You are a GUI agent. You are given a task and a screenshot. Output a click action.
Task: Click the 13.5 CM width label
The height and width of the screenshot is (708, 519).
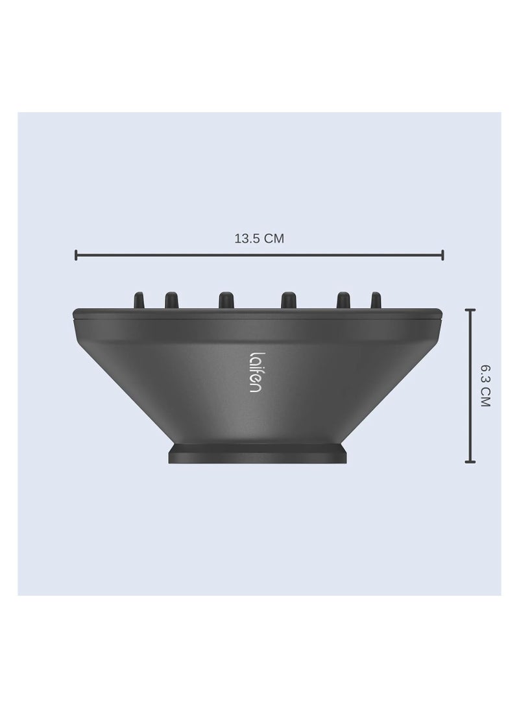(x=259, y=238)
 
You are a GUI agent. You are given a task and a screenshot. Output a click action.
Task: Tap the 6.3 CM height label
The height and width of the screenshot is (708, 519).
(x=485, y=386)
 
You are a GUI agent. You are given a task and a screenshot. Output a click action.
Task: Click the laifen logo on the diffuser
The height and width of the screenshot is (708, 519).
(x=255, y=372)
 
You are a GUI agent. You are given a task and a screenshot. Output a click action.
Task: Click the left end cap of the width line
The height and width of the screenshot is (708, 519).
(x=76, y=255)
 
